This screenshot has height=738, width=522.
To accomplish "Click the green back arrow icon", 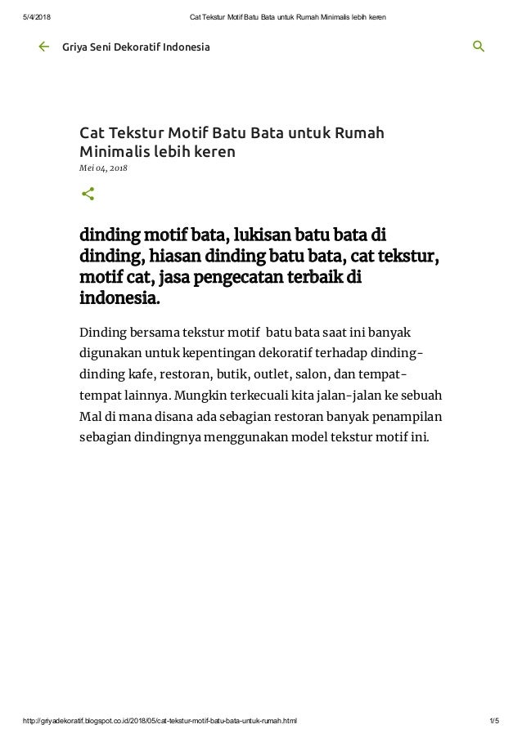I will coord(43,47).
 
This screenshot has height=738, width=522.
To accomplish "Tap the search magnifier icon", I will coord(479,47).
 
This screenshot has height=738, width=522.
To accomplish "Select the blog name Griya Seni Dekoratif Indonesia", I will coord(136,47).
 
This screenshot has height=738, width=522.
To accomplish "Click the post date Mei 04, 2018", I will coord(103,168).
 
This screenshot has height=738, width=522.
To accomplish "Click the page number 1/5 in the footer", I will coord(493,721).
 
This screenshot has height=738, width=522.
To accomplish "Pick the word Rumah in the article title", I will coord(360,133).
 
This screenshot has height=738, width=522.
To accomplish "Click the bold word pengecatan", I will coord(247,279).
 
